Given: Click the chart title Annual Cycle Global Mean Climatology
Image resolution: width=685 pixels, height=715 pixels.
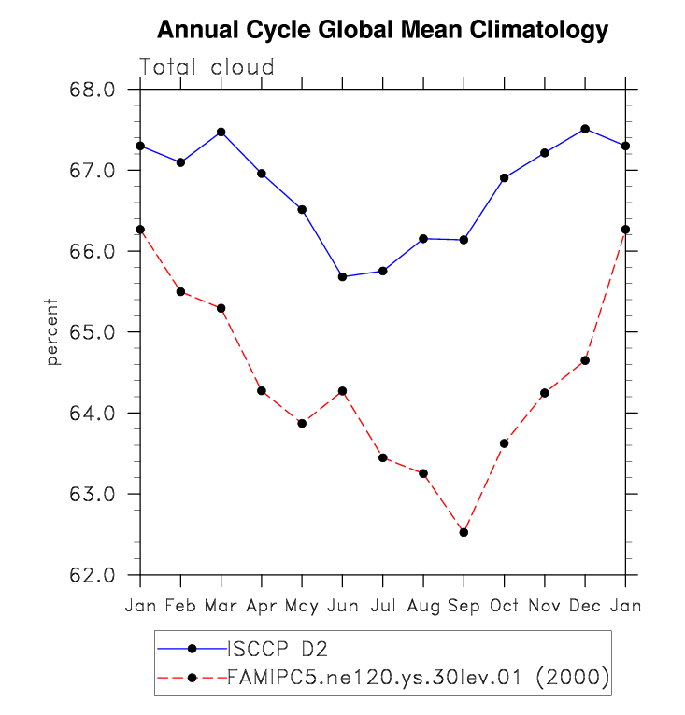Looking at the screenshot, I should click(x=382, y=30).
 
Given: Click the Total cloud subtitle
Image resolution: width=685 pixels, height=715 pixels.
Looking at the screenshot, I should click(x=207, y=67).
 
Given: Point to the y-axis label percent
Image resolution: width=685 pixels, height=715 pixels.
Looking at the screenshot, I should click(x=53, y=332).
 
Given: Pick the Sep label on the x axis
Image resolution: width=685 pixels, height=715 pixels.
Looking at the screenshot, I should click(x=464, y=606).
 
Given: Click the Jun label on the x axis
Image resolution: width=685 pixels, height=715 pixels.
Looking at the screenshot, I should click(x=342, y=606).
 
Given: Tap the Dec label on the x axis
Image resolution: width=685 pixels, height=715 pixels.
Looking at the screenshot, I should click(x=585, y=606).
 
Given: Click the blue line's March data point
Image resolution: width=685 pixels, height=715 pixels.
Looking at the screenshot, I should click(x=221, y=132).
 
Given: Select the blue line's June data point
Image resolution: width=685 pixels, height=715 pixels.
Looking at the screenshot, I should click(x=343, y=276).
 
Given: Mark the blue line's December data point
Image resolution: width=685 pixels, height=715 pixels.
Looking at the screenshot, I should click(x=585, y=129).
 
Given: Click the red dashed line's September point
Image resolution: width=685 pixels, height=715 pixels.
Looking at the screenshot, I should click(x=464, y=532).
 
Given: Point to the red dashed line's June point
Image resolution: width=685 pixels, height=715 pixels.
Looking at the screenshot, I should click(x=343, y=391).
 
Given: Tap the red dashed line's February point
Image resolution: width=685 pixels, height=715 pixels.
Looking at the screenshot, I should click(x=180, y=292).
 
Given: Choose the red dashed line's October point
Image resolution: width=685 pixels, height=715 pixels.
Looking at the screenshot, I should click(x=505, y=442).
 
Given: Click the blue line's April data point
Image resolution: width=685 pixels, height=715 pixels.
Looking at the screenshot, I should click(x=262, y=174).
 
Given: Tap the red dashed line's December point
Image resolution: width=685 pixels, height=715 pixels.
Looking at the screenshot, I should click(x=585, y=360).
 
